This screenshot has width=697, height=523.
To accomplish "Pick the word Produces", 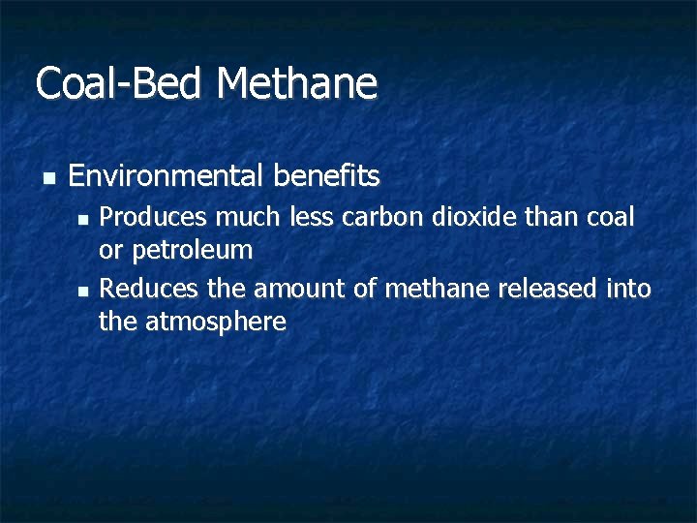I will (x=146, y=217).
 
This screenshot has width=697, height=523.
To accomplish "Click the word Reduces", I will (x=141, y=288).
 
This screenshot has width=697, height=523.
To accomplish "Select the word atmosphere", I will (x=216, y=322).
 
